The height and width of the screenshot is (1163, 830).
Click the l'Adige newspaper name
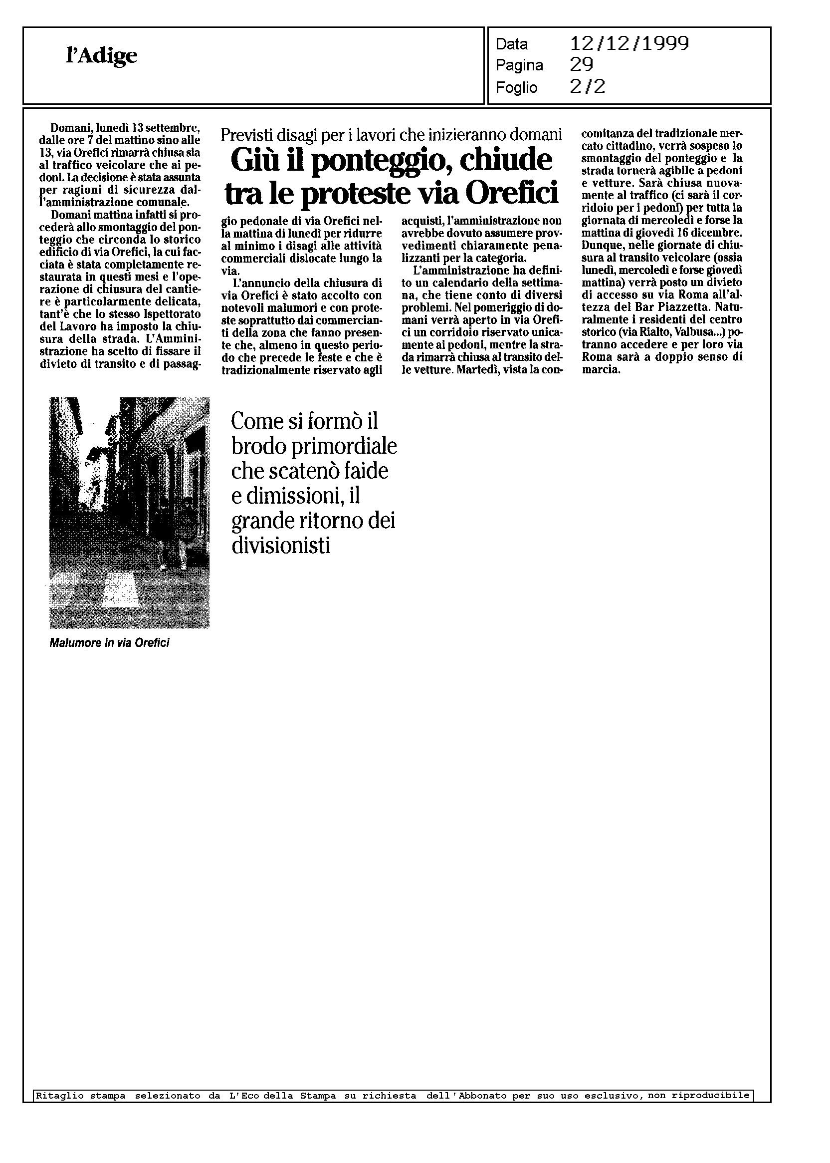[102, 56]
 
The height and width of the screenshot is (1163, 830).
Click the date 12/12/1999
[629, 44]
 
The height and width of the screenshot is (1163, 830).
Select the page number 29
[581, 65]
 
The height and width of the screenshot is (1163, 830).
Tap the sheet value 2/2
[587, 87]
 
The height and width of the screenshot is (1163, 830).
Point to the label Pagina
[519, 65]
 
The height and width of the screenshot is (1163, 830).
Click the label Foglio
[516, 87]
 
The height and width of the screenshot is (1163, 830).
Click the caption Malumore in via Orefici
[109, 643]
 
